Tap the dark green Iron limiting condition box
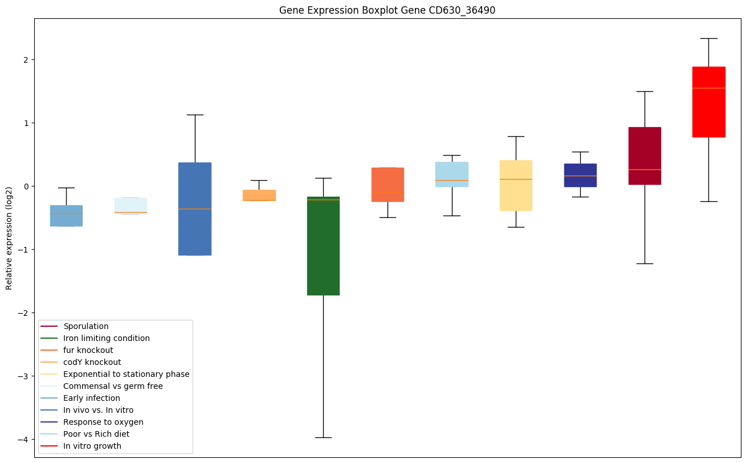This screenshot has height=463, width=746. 323,246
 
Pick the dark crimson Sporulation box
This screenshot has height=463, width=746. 645,156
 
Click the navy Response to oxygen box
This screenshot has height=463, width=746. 580,175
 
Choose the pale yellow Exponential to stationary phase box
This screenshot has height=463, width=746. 516,185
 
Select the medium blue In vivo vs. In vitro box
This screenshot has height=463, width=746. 195,209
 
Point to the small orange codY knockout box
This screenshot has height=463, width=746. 259,195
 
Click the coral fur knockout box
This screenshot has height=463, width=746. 388,184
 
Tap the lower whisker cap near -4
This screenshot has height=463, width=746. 323,437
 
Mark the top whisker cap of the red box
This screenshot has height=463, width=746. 708,38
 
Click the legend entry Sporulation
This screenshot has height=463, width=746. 86,326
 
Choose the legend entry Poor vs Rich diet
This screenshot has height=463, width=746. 96,434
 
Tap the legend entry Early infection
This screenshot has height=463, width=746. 92,398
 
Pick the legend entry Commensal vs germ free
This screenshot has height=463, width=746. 113,386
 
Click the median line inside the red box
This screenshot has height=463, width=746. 708,88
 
